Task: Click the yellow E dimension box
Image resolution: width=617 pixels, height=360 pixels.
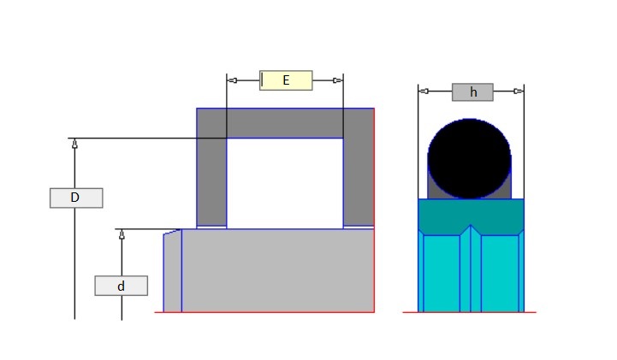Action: pos(286,80)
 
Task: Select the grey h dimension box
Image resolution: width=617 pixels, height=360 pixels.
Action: pos(472,92)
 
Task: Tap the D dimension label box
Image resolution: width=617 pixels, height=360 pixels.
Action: pos(76,198)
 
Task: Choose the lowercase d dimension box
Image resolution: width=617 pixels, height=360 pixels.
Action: pos(122,286)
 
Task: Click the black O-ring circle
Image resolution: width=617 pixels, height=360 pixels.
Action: pos(470,159)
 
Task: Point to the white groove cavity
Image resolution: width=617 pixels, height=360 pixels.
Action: pos(285,184)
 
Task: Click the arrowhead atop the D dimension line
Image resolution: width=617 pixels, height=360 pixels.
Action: pos(74,144)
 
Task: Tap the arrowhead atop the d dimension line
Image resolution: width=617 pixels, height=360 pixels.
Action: pos(122,234)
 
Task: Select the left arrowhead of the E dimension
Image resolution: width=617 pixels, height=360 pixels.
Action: pos(233,80)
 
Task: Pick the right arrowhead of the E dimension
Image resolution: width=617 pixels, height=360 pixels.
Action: pos(338,80)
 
